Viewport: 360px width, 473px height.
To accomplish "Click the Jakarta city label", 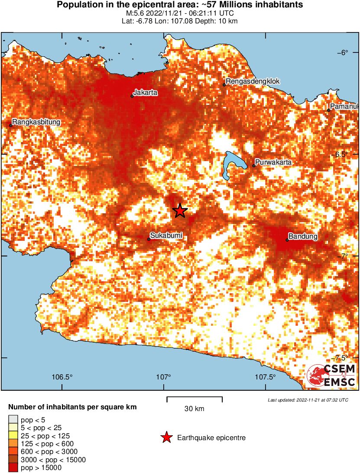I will pos(145,93).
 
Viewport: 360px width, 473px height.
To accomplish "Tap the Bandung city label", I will pos(303,236).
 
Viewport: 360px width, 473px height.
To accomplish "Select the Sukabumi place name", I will pos(166,236).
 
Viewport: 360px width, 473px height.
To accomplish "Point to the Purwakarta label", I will pos(273,162).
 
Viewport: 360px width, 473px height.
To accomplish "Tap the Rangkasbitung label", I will pos(36,122).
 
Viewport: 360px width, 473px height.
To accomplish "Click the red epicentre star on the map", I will pos(180,211).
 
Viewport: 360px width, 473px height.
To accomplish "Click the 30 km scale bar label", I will pos(194,408).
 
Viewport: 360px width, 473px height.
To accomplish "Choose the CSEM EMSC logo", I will pos(331,375).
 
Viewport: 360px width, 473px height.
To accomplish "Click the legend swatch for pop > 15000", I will pos(13,467).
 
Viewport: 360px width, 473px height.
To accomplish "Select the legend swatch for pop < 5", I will pos(13,419).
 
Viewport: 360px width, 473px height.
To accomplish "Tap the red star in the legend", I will pos(166,438).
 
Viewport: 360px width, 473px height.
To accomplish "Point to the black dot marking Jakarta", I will pos(132,96).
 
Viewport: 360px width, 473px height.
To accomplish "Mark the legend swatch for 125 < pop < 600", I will pos(13,444).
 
